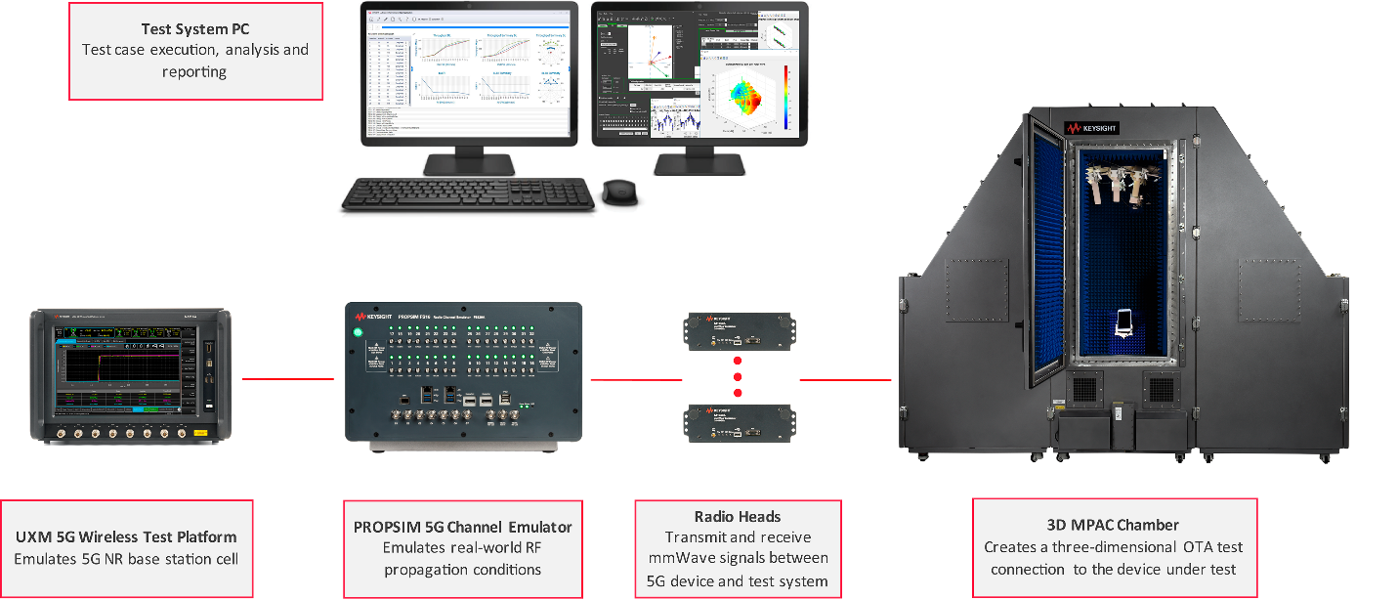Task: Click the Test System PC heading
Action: point(195,29)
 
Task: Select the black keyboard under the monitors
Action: point(467,193)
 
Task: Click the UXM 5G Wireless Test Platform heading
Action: point(126,536)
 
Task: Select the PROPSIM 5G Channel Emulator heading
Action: point(463,527)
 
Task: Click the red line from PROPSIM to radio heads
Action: point(621,379)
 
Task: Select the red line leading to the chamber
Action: point(845,379)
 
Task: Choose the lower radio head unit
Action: point(737,422)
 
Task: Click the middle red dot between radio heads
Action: point(738,376)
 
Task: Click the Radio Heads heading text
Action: point(738,516)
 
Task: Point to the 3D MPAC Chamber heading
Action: point(1113,525)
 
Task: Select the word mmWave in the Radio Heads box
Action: point(682,559)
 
